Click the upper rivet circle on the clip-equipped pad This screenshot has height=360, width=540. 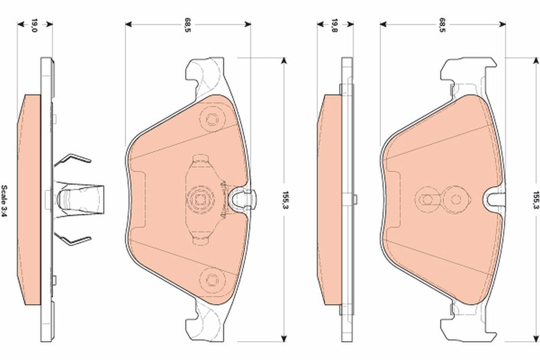[x=211, y=119]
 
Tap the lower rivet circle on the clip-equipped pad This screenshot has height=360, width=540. [x=211, y=278]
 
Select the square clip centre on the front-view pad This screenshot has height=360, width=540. [x=200, y=199]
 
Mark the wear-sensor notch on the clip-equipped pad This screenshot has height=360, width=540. [x=245, y=198]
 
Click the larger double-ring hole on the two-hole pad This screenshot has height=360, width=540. [x=454, y=199]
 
